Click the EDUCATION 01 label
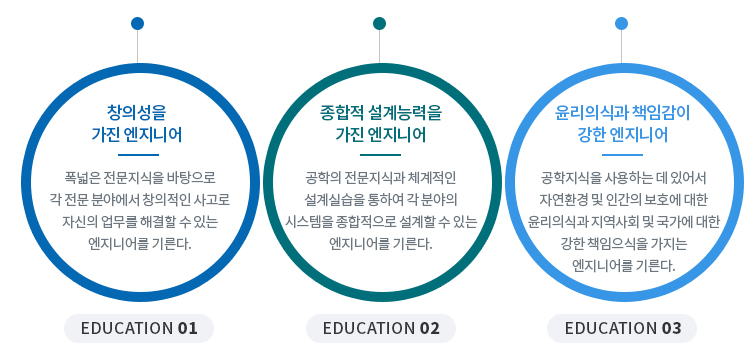pyautogui.click(x=138, y=328)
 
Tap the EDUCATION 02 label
pyautogui.click(x=380, y=328)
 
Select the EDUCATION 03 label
pyautogui.click(x=622, y=328)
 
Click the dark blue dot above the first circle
pyautogui.click(x=137, y=23)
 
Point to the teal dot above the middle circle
pyautogui.click(x=380, y=23)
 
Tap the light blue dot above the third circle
pyautogui.click(x=622, y=23)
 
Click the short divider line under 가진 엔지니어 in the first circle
pyautogui.click(x=138, y=155)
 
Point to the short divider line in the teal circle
pyautogui.click(x=380, y=155)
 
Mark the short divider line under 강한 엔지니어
pyautogui.click(x=622, y=155)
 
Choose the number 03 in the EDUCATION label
pyautogui.click(x=670, y=328)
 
